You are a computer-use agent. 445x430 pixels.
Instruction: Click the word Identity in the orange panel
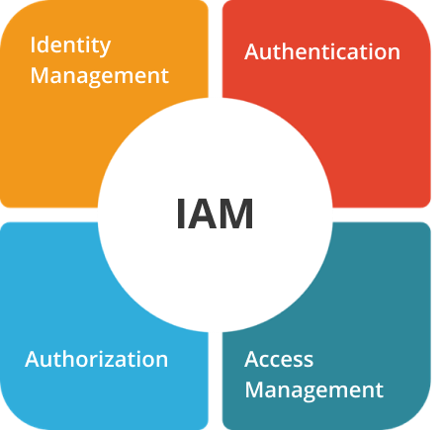click(70, 46)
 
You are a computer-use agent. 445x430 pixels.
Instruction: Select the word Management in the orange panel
click(100, 76)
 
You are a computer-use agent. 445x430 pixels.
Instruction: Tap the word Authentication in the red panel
click(322, 52)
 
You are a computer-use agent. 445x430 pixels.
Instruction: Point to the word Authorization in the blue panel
click(97, 359)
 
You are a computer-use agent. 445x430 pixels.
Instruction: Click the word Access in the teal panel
click(279, 359)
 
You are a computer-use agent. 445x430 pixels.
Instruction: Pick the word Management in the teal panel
click(314, 390)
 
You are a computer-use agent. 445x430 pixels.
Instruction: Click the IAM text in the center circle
click(215, 214)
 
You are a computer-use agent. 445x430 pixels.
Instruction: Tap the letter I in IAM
click(180, 214)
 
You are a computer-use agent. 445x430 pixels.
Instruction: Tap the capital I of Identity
click(33, 44)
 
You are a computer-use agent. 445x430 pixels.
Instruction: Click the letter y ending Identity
click(105, 48)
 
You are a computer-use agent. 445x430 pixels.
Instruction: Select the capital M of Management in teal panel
click(255, 389)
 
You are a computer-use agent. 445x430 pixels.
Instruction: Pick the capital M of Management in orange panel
click(41, 75)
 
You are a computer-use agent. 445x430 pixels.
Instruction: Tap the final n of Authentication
click(395, 54)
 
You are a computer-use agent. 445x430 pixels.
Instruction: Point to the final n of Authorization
click(162, 362)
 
